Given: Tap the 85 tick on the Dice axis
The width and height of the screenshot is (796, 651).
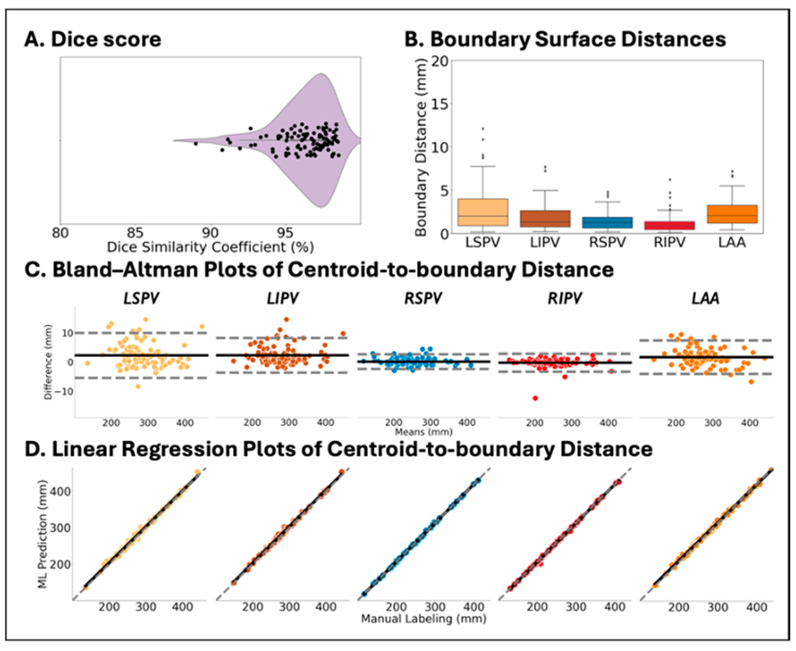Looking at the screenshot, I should pos(135,233).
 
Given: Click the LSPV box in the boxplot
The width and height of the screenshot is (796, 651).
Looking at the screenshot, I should pos(483,212).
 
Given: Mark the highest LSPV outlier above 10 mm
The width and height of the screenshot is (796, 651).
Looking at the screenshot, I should pos(483,129).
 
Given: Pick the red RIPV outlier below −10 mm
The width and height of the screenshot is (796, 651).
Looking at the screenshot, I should pos(535,398).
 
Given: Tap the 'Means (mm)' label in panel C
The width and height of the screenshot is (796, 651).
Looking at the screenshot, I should pos(423,432).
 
